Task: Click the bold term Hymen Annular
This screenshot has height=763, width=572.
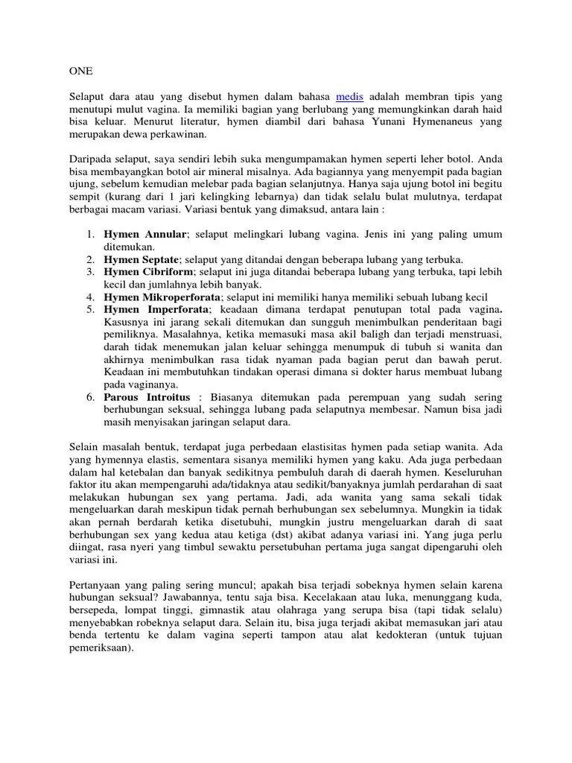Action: click(145, 233)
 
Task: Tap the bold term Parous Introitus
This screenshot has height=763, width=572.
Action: click(147, 396)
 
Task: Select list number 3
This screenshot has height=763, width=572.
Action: click(89, 273)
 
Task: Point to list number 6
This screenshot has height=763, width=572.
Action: click(89, 396)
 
